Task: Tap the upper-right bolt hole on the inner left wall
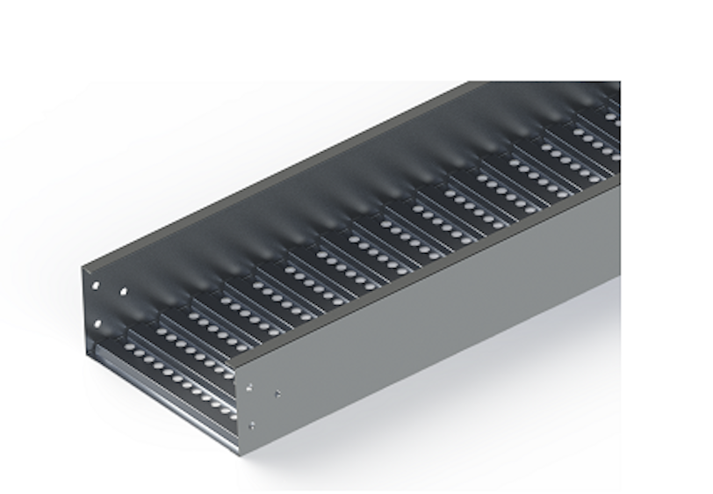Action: click(124, 291)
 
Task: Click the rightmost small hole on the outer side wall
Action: click(278, 393)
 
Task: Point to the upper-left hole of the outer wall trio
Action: click(251, 387)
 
